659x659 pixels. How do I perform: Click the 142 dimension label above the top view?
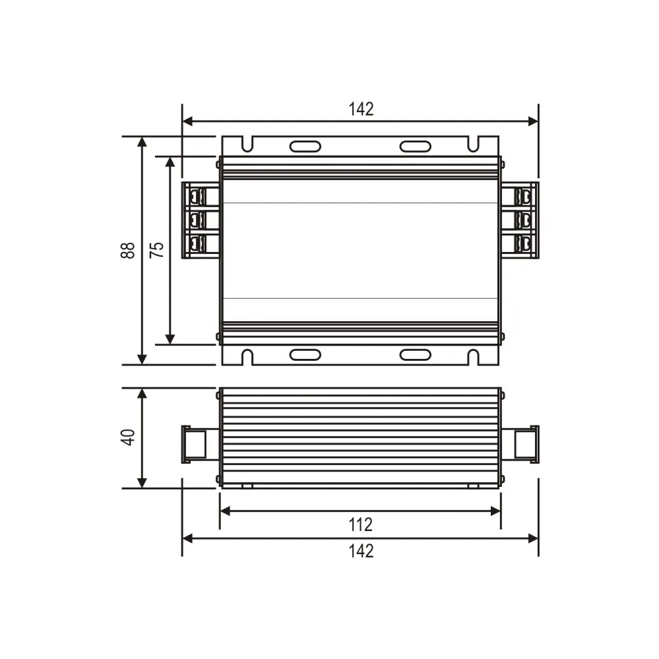(x=361, y=110)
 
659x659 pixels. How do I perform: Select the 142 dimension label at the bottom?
(x=361, y=550)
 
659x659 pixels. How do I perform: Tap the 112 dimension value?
(x=361, y=524)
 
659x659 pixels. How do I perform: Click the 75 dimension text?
(x=156, y=250)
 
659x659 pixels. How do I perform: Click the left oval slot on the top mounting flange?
(x=305, y=146)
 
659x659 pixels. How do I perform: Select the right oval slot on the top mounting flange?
(x=416, y=146)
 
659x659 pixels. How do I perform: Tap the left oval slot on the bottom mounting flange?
(x=305, y=355)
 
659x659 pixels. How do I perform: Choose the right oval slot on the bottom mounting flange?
(x=416, y=355)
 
